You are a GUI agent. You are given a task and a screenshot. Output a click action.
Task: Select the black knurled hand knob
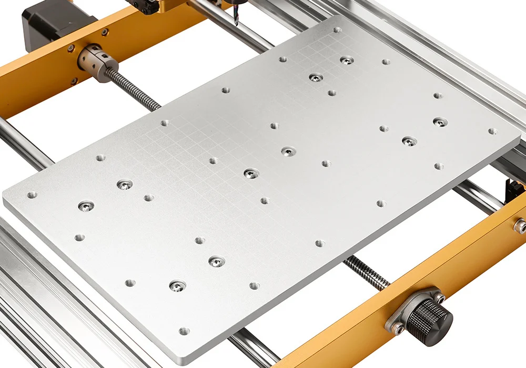431,318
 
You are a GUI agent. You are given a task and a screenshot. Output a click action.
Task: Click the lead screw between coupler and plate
131,89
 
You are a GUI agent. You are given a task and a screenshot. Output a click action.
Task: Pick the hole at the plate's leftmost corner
32,195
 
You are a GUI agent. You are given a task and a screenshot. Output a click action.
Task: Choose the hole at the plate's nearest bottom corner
184,331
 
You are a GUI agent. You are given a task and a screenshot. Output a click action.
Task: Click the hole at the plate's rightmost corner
492,131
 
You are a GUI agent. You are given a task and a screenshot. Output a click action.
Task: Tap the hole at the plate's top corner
337,30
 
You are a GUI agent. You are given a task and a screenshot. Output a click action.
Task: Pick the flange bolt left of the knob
399,329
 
